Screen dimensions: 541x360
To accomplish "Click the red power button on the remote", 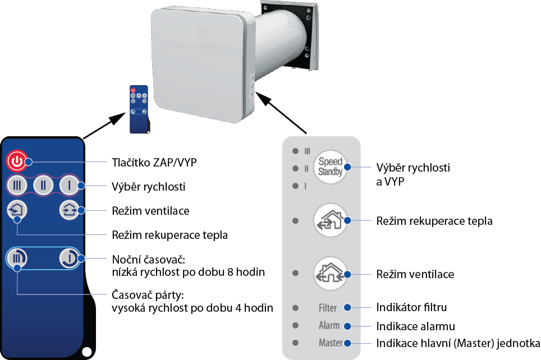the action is [17, 161].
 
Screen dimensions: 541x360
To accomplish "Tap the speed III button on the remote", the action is [17, 186].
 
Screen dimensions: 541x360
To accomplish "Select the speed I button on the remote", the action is [70, 186].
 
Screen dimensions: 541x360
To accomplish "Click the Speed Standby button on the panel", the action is [330, 167].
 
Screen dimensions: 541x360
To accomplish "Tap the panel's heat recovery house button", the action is [330, 220].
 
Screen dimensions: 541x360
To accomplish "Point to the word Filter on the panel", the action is [327, 308].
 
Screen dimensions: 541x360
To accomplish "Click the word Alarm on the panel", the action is [329, 325].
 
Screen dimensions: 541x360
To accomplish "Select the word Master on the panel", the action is [331, 343].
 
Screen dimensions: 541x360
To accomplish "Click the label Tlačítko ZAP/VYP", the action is [154, 163].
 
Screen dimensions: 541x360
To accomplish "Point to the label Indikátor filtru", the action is [411, 307].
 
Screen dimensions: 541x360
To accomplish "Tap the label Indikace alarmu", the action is [415, 326].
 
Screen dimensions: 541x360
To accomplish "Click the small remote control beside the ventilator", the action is [139, 109].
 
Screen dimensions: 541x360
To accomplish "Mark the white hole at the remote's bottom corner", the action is [87, 352].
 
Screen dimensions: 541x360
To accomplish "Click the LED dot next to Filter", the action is [295, 308].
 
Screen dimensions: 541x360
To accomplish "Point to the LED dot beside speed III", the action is [295, 151].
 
